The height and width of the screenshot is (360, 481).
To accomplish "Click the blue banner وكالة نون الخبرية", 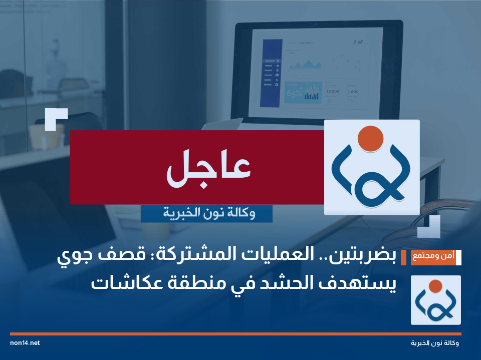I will tap(206, 214).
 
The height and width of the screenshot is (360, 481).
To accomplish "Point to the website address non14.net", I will tap(25, 343).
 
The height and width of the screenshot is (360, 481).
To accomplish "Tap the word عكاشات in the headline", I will tap(118, 283).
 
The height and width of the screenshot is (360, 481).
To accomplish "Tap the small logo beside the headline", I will tap(435, 300).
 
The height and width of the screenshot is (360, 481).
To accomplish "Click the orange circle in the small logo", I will tap(435, 286).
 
